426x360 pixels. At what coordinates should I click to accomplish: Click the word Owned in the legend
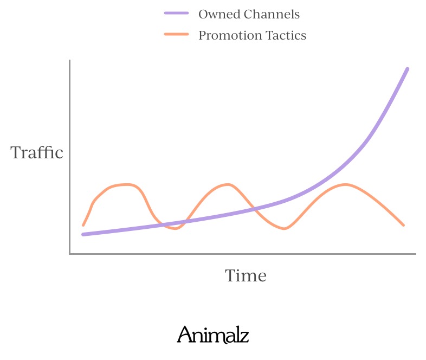point(220,15)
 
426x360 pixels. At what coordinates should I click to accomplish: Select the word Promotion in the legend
point(230,35)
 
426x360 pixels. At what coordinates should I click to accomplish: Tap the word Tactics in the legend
point(286,35)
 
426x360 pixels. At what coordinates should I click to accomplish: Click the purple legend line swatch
point(176,13)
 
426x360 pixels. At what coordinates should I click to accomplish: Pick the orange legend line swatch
point(176,34)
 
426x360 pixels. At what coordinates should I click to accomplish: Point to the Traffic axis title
point(37,152)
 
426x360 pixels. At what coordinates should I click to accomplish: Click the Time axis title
point(246,275)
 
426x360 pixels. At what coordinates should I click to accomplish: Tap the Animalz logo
point(212,335)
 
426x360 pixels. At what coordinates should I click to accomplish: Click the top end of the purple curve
point(408,69)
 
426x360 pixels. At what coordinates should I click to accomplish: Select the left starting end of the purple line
point(83,234)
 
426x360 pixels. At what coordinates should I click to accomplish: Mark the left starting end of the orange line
point(83,225)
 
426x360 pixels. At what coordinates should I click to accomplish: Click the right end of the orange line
point(404,225)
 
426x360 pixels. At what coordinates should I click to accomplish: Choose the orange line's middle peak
point(228,184)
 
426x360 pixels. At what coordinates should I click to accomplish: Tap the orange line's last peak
point(345,184)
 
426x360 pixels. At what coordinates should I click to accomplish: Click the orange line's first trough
point(176,228)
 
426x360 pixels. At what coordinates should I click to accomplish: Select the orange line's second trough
point(284,228)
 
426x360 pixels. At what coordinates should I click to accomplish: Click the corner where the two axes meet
point(70,254)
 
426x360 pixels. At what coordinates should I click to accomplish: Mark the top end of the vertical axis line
point(70,60)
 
